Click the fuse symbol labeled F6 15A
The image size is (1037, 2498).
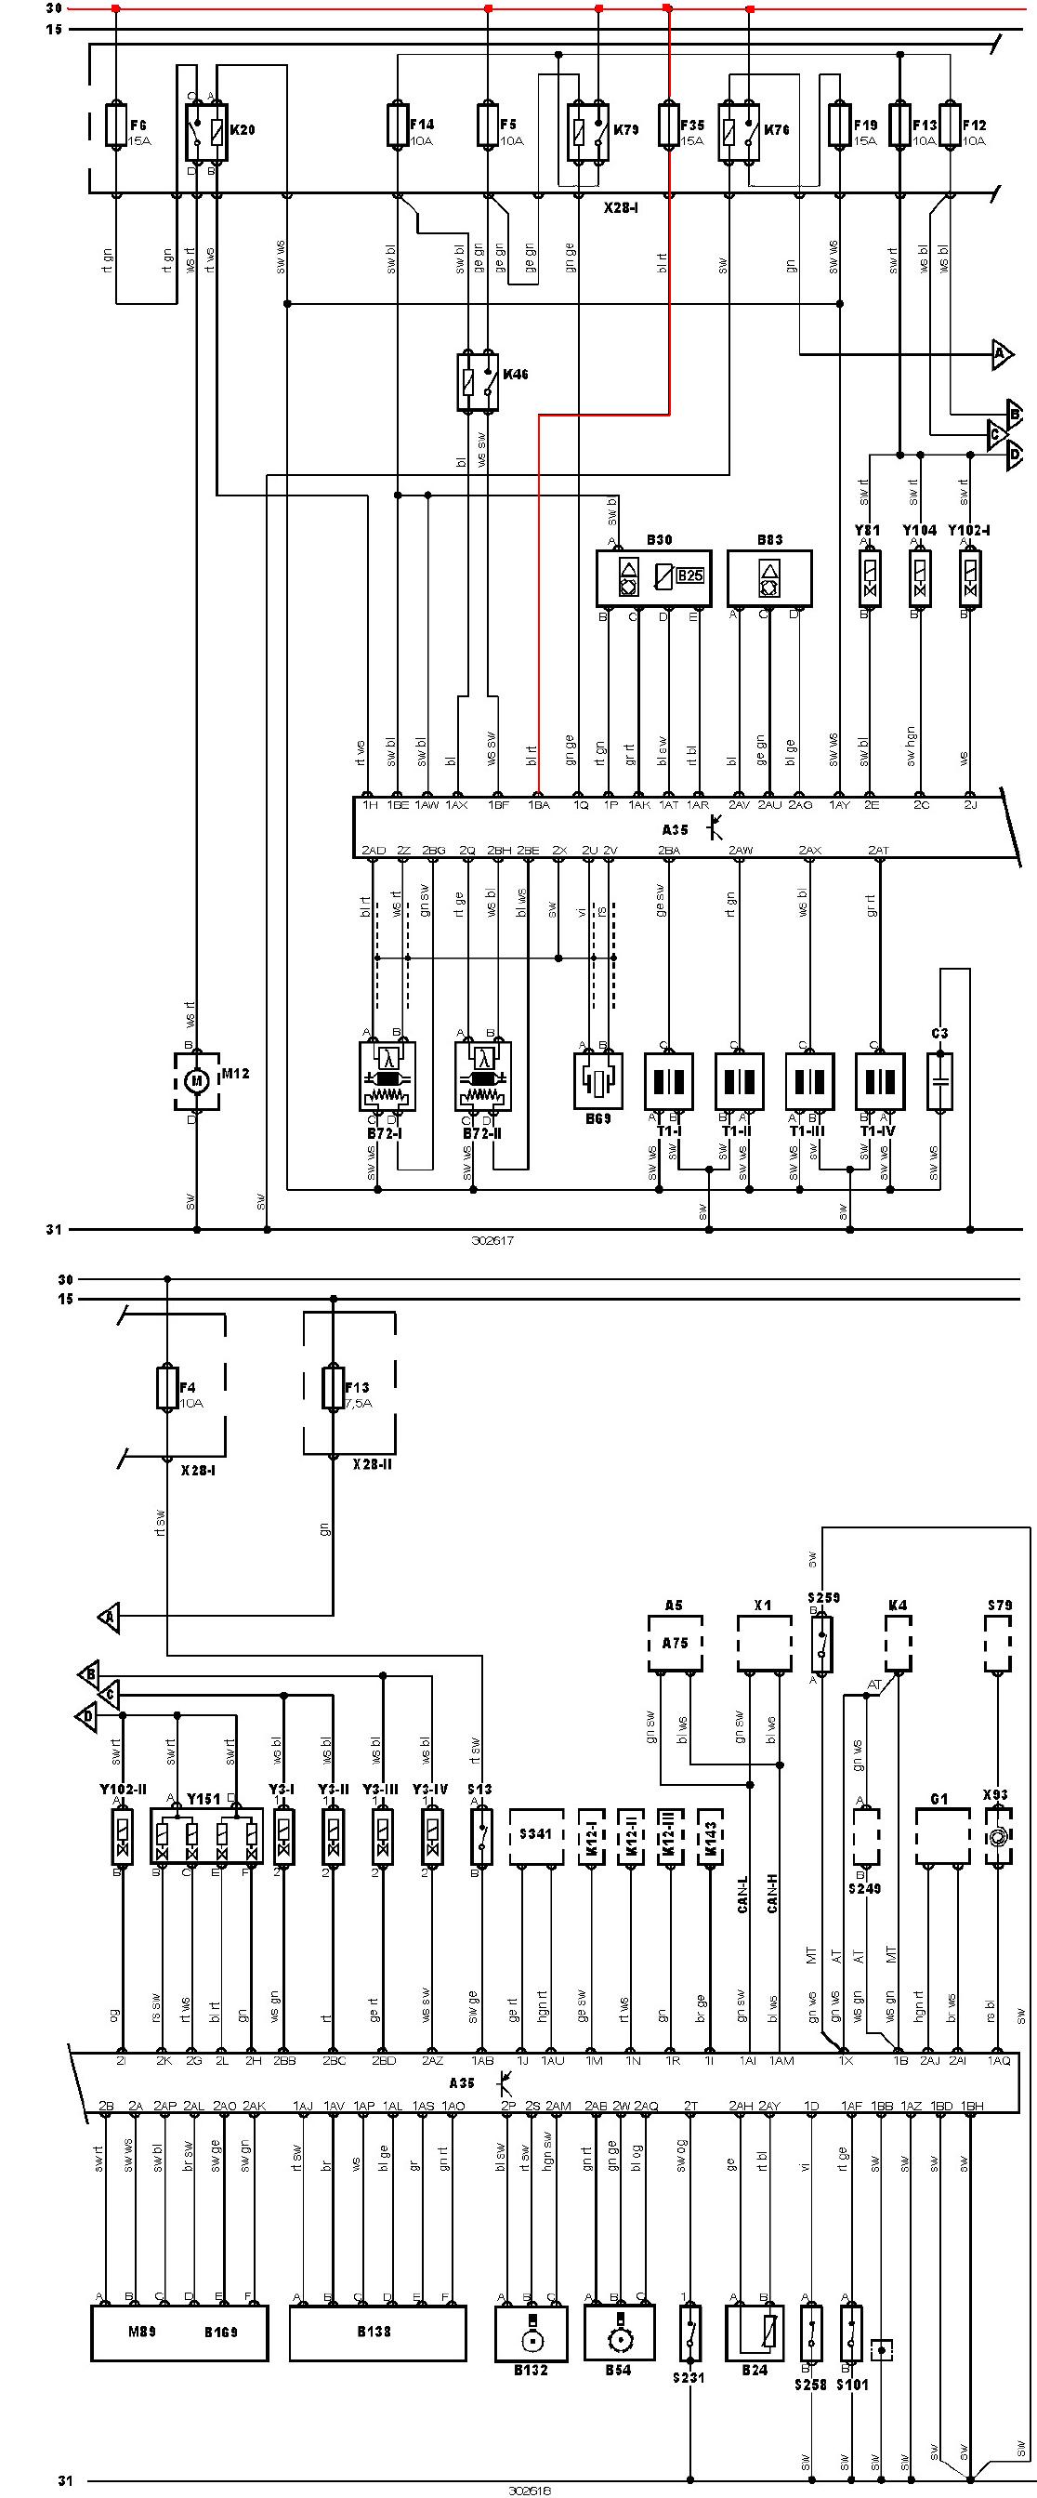[x=116, y=126]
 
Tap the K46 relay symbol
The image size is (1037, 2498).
[x=478, y=382]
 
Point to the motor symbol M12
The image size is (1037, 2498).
[x=197, y=1079]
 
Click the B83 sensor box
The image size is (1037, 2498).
[x=769, y=579]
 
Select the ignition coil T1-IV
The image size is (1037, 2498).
[x=880, y=1081]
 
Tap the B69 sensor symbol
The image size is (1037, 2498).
[x=597, y=1079]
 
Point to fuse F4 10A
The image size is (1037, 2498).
[x=166, y=1388]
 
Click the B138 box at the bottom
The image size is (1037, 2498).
[x=374, y=2333]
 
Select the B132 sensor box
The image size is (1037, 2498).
[x=531, y=2333]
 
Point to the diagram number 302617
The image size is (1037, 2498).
[x=492, y=1240]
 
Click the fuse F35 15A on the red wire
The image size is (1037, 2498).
[x=667, y=126]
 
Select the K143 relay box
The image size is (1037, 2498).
[x=711, y=1836]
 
